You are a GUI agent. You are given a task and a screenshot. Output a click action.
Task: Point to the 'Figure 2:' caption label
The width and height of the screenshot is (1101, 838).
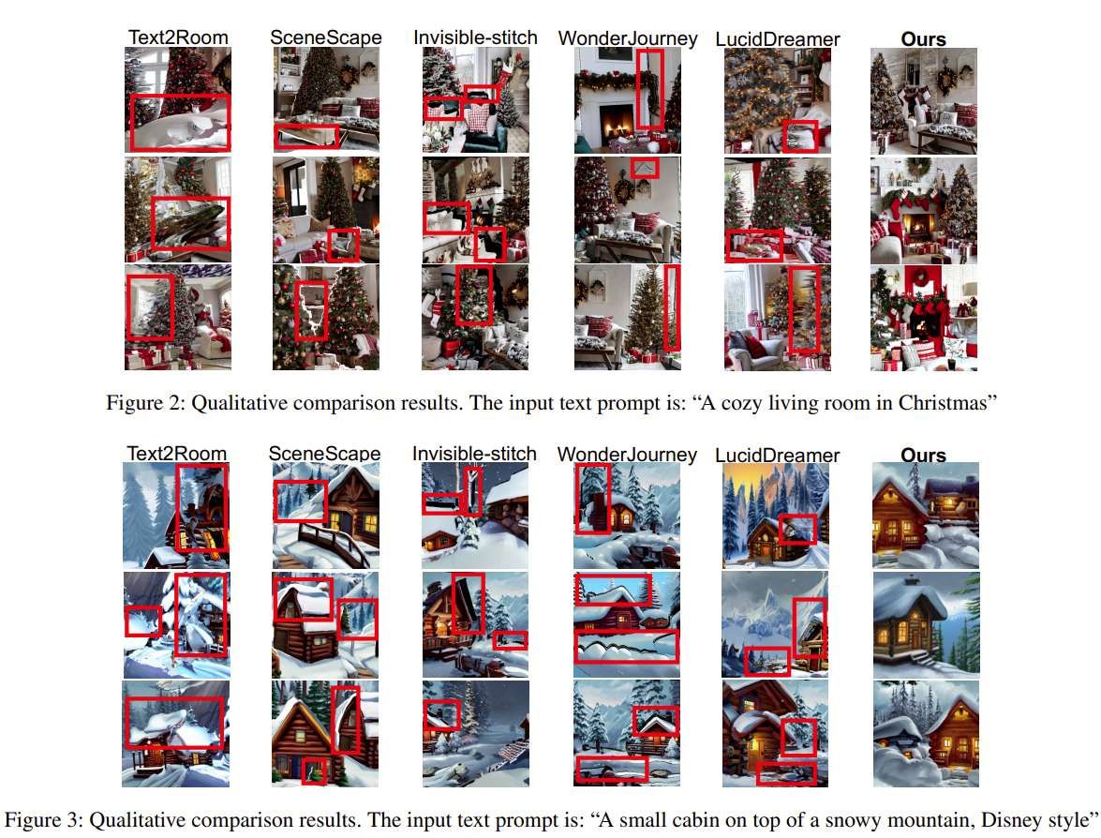point(145,403)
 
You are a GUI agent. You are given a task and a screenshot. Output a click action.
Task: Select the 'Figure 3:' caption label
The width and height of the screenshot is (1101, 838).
point(43,820)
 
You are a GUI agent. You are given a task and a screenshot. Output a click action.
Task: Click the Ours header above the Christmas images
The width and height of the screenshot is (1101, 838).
point(923,39)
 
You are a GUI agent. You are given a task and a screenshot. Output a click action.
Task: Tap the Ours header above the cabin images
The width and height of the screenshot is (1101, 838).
point(923,456)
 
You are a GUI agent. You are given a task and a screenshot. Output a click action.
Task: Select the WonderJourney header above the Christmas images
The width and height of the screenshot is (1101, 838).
point(628,38)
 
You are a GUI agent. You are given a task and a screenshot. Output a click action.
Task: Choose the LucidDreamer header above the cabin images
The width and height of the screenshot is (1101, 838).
point(778,456)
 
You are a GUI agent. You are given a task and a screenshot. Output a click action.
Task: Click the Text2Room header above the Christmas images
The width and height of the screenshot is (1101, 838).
point(178,37)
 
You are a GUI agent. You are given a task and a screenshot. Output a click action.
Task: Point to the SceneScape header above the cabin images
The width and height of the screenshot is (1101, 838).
point(324,454)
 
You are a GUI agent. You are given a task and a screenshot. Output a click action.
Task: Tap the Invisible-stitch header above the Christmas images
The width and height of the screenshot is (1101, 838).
point(475,37)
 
